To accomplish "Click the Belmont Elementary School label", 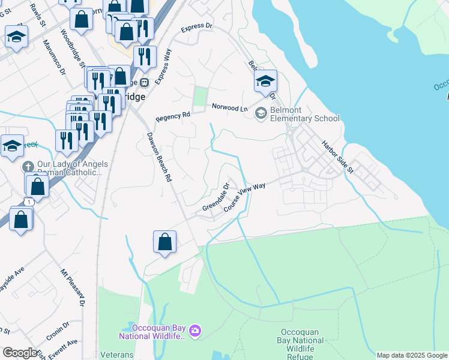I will [x=305, y=113].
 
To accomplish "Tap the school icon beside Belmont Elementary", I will [x=261, y=113].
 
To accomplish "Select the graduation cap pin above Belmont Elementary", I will [x=265, y=82].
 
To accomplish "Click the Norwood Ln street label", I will [x=229, y=107].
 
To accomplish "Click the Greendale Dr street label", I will [x=216, y=197].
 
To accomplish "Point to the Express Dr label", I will [x=196, y=27].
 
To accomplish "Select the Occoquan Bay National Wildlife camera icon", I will [x=194, y=331].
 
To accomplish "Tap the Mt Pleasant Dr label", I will [x=72, y=288].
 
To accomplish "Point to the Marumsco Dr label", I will [x=55, y=57].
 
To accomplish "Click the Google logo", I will [x=20, y=353].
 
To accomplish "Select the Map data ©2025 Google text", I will [x=411, y=355].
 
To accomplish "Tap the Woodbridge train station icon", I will [x=145, y=82].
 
